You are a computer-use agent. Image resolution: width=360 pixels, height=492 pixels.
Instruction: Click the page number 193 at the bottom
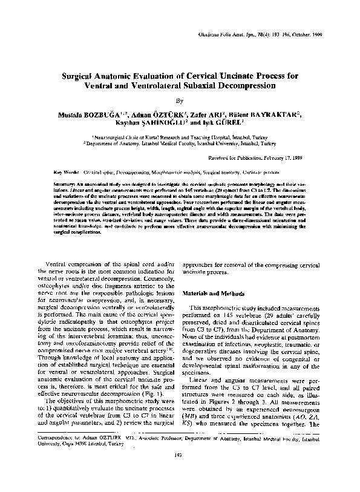pos(179,473)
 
